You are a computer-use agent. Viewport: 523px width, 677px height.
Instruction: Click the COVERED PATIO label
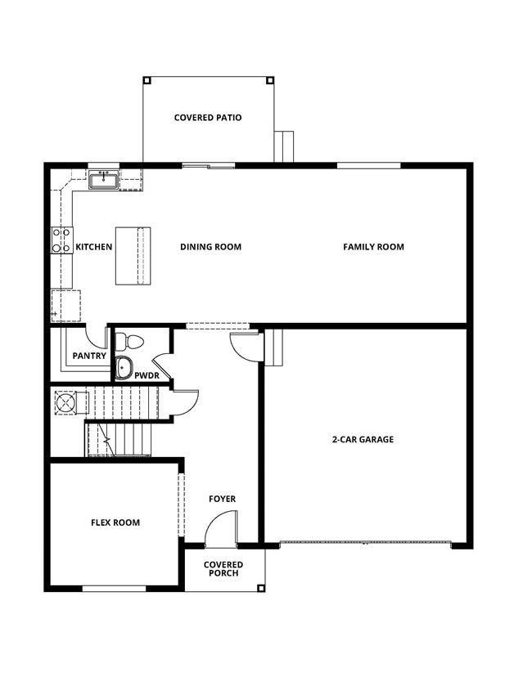click(x=208, y=118)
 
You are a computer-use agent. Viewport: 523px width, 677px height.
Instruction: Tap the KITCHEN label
click(x=94, y=247)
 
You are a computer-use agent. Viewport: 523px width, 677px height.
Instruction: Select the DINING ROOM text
click(x=210, y=247)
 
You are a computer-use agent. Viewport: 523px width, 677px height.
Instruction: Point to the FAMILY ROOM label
click(x=373, y=247)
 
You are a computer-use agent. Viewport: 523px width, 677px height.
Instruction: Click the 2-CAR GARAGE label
click(x=363, y=440)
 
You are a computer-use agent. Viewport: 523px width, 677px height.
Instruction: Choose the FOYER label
click(x=222, y=499)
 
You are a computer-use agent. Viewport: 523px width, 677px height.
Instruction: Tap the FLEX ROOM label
click(x=115, y=522)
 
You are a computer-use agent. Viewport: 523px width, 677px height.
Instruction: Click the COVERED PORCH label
click(x=223, y=569)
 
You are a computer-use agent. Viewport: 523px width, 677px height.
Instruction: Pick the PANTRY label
click(x=89, y=356)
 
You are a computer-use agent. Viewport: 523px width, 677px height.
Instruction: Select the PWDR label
click(x=147, y=375)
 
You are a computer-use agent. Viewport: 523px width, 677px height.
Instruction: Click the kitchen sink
click(x=104, y=180)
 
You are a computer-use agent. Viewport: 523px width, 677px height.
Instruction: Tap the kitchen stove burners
click(x=61, y=240)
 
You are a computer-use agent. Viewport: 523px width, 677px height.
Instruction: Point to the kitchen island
click(x=133, y=256)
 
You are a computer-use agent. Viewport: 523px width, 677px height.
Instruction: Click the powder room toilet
click(x=129, y=342)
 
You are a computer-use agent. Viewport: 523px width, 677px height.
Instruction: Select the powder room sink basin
click(x=124, y=368)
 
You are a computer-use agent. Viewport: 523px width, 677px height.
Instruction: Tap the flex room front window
click(x=115, y=588)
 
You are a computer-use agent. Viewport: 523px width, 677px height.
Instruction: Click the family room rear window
click(x=368, y=165)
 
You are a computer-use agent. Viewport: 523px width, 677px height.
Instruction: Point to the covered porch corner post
click(x=260, y=588)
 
